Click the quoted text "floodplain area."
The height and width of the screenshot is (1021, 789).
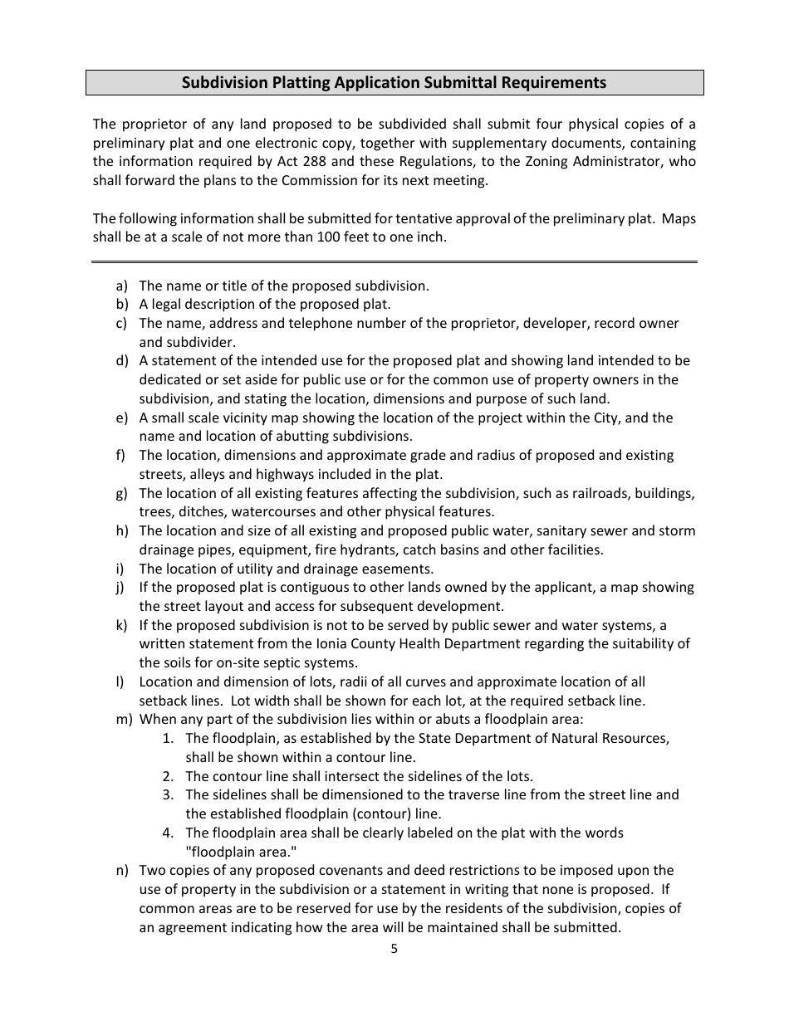click(241, 852)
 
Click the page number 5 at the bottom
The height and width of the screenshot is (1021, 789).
click(394, 950)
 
